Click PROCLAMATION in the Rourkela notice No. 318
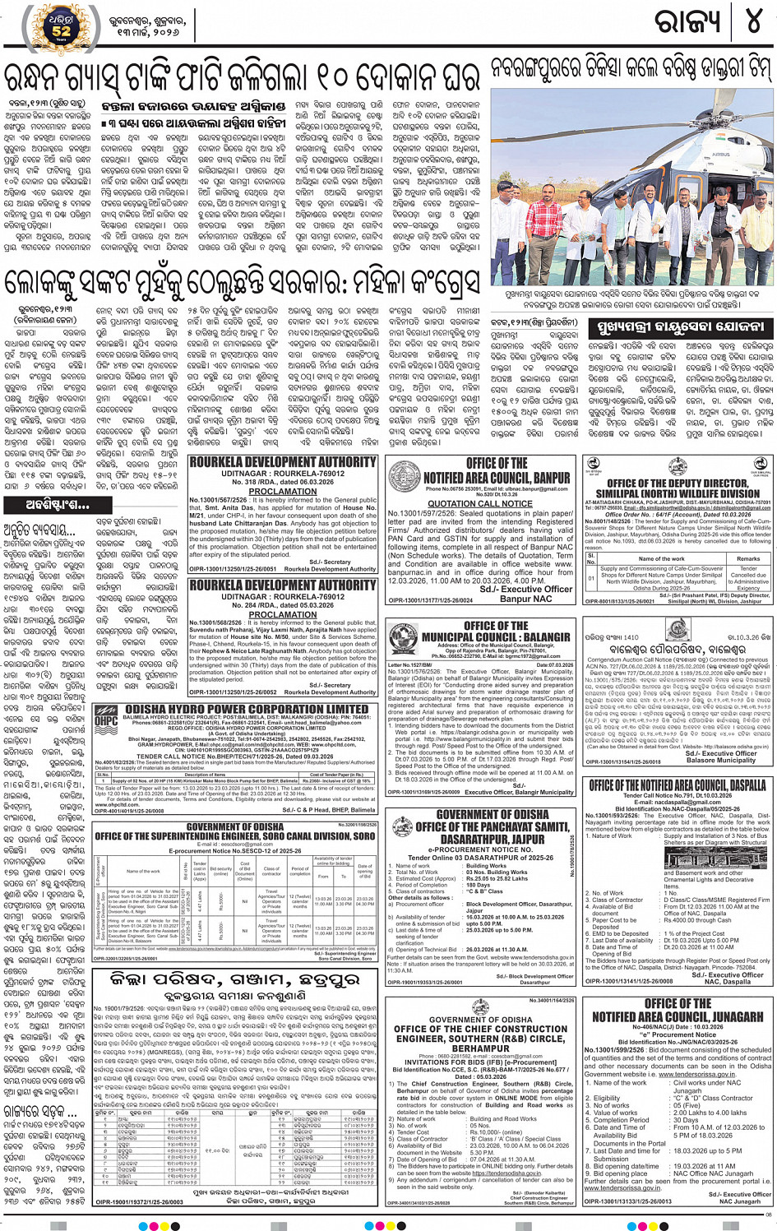tap(283, 491)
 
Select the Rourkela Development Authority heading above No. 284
tap(283, 585)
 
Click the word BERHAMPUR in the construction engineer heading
tap(480, 1048)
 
